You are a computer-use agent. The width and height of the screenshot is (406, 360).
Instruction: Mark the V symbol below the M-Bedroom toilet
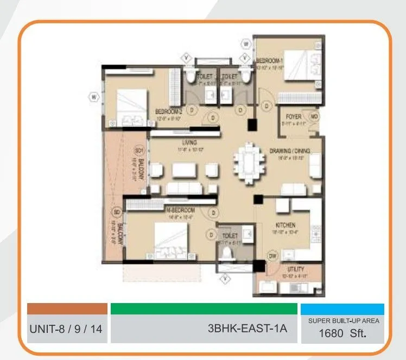click(225, 279)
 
